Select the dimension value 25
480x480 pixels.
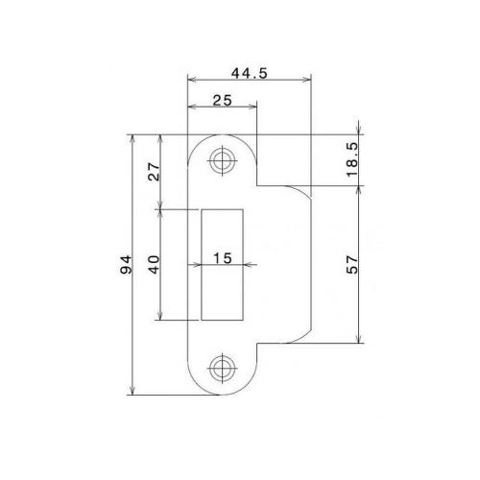tap(223, 98)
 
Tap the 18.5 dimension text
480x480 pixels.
tap(351, 161)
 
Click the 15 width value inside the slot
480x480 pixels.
tap(223, 257)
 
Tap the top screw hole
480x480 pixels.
tap(224, 160)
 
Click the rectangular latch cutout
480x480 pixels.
tap(227, 288)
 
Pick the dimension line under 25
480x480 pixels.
tap(223, 107)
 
